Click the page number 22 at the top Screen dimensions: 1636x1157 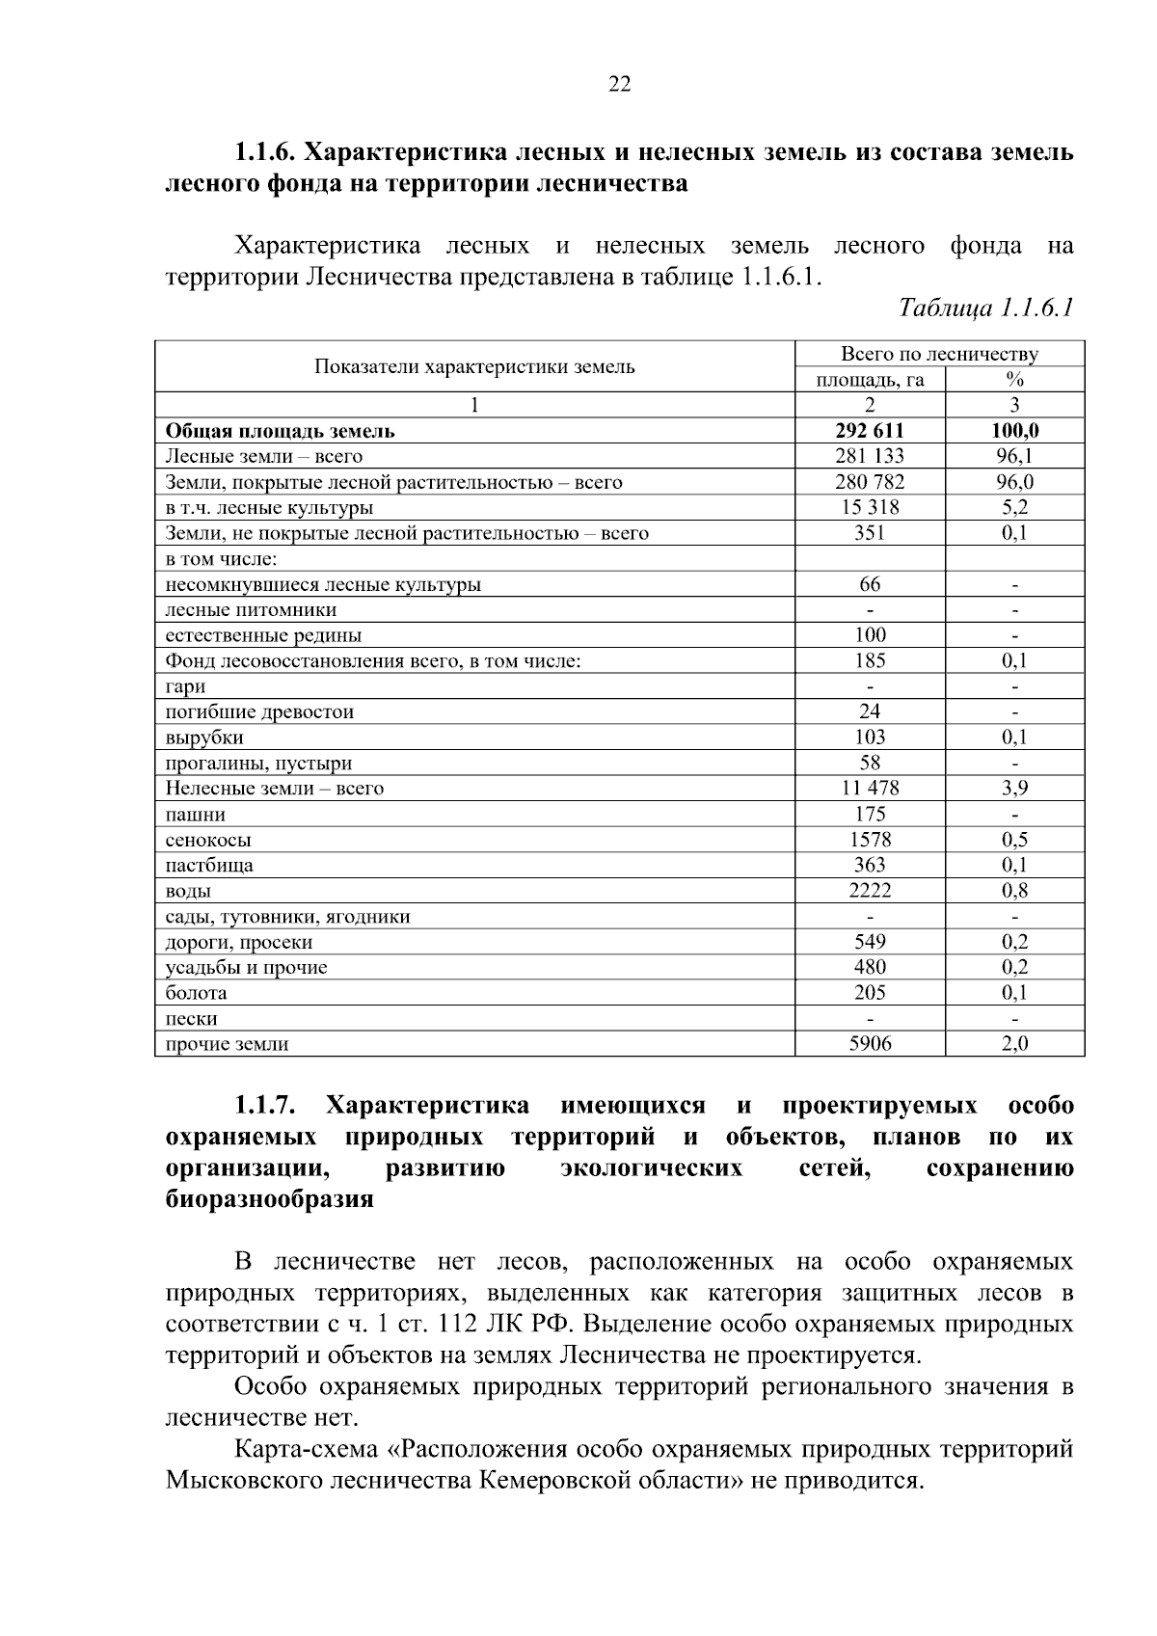click(x=620, y=85)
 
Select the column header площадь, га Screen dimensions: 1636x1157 click(x=870, y=380)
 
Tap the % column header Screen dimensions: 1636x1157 click(x=1014, y=380)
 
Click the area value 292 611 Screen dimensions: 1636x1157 click(x=870, y=431)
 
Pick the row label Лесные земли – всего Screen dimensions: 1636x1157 click(x=264, y=457)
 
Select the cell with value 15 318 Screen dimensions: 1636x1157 click(x=870, y=507)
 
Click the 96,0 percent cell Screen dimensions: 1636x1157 click(x=1014, y=482)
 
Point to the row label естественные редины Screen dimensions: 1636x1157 click(x=263, y=635)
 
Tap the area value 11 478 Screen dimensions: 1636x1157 click(x=870, y=788)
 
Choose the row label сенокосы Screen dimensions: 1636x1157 click(x=208, y=840)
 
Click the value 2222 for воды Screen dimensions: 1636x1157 click(x=870, y=891)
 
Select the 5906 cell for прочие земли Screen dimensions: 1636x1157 click(x=870, y=1044)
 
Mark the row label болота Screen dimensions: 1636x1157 click(x=197, y=993)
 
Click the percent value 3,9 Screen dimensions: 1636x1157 click(x=1014, y=788)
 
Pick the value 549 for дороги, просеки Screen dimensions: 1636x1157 click(x=870, y=942)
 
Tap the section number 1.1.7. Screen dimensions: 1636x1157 click(x=264, y=1105)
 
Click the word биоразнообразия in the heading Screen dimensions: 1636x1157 click(x=269, y=1200)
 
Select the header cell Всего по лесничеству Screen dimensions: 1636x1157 click(x=939, y=354)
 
